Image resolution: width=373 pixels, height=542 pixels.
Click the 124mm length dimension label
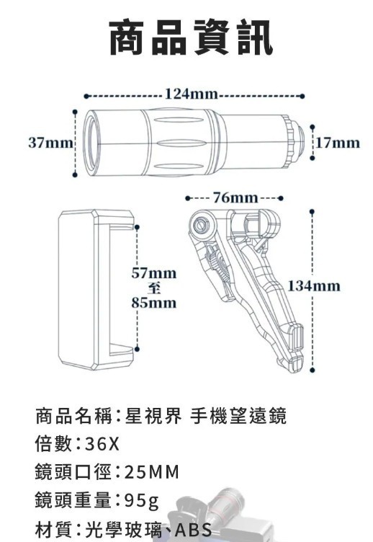tap(191, 93)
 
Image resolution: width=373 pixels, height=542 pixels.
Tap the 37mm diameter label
tap(50, 143)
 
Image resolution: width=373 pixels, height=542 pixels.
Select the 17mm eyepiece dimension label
tap(338, 143)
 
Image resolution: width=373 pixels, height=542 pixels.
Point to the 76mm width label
tap(235, 197)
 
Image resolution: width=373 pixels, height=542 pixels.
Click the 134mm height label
tap(314, 286)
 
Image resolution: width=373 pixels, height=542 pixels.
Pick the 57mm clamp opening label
tap(153, 273)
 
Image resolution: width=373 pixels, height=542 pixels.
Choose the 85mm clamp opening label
tap(153, 303)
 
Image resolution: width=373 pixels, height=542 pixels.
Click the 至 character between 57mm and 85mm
tap(153, 288)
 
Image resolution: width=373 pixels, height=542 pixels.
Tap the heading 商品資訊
tap(191, 37)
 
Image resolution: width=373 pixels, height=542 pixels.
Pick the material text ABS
tap(194, 529)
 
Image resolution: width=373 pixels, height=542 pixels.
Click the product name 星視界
tap(153, 416)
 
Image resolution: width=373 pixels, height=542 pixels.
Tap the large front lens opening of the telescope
tap(92, 143)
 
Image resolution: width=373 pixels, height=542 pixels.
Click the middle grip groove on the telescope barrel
tap(178, 143)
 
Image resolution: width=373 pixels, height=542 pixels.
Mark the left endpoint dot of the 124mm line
tap(86, 96)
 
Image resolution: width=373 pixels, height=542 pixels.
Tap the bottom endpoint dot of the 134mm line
tap(313, 370)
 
